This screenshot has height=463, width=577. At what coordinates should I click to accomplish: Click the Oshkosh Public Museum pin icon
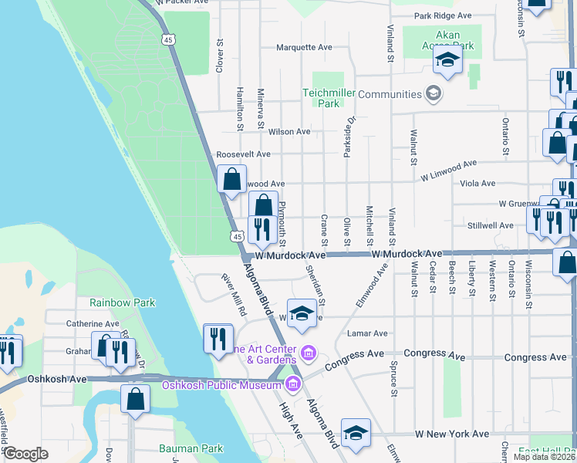293,384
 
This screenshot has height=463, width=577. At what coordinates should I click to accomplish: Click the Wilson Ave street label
289,132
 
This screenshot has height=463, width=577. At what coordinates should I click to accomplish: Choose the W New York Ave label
452,434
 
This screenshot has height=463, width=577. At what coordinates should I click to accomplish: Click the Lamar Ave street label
367,333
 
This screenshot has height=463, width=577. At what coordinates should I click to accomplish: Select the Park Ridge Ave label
442,15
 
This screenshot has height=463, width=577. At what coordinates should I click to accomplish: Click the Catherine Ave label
93,324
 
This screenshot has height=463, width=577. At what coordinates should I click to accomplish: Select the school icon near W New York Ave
356,431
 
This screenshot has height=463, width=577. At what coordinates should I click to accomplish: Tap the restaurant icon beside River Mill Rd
218,336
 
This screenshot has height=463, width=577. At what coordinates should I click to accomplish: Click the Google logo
25,454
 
